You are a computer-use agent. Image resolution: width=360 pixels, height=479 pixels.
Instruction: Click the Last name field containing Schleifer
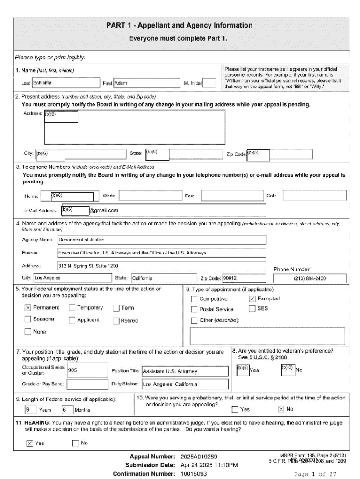pyautogui.click(x=65, y=83)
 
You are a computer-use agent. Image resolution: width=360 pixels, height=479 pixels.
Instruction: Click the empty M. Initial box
pyautogui.click(x=209, y=83)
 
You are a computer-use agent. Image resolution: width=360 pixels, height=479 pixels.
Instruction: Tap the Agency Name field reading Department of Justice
pyautogui.click(x=161, y=239)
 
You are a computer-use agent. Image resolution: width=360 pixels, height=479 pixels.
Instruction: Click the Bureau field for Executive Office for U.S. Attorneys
pyautogui.click(x=161, y=253)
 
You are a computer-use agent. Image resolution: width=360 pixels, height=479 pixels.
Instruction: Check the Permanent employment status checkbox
pyautogui.click(x=28, y=308)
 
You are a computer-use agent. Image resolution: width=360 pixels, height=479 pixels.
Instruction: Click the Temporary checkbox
pyautogui.click(x=72, y=308)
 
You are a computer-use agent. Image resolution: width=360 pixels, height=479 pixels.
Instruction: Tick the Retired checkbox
pyautogui.click(x=116, y=321)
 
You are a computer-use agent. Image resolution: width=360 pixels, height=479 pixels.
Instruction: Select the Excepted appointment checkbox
pyautogui.click(x=252, y=298)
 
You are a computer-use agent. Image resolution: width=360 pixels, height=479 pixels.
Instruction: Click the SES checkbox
pyautogui.click(x=252, y=308)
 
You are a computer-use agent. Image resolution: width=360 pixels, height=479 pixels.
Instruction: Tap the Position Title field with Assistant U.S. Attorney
pyautogui.click(x=185, y=371)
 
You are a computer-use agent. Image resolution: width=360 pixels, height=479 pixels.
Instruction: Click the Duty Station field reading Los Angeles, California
pyautogui.click(x=185, y=385)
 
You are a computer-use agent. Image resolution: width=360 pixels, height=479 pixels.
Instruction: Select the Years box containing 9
pyautogui.click(x=30, y=410)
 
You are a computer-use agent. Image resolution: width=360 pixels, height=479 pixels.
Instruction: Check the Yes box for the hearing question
pyautogui.click(x=29, y=443)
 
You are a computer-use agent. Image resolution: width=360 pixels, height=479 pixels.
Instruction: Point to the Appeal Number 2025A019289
pyautogui.click(x=198, y=457)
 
